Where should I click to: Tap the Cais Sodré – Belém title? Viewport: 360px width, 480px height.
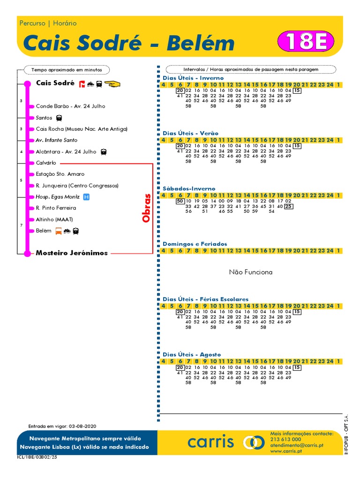pyautogui.click(x=128, y=43)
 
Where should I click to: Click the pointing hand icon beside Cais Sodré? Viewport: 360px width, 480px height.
pyautogui.click(x=112, y=84)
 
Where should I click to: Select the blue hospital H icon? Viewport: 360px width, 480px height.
pyautogui.click(x=86, y=197)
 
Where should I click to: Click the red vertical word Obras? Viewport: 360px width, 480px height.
pyautogui.click(x=147, y=208)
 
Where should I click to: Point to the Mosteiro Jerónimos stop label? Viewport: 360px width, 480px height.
pyautogui.click(x=72, y=253)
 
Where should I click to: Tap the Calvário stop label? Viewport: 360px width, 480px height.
pyautogui.click(x=46, y=163)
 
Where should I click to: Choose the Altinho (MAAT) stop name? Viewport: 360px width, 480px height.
pyautogui.click(x=54, y=219)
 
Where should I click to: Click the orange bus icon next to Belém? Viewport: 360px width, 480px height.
pyautogui.click(x=59, y=231)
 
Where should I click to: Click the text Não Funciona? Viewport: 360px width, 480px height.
pyautogui.click(x=250, y=272)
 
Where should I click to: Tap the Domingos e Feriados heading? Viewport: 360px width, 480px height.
pyautogui.click(x=195, y=244)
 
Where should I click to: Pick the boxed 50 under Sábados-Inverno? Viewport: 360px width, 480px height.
pyautogui.click(x=180, y=201)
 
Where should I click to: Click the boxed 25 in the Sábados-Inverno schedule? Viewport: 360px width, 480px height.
pyautogui.click(x=289, y=206)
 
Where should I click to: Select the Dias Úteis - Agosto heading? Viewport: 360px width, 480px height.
pyautogui.click(x=192, y=354)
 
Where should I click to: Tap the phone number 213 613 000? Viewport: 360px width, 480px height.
pyautogui.click(x=286, y=440)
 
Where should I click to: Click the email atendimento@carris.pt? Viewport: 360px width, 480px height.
pyautogui.click(x=296, y=445)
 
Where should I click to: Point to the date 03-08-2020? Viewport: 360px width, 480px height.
pyautogui.click(x=82, y=426)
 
